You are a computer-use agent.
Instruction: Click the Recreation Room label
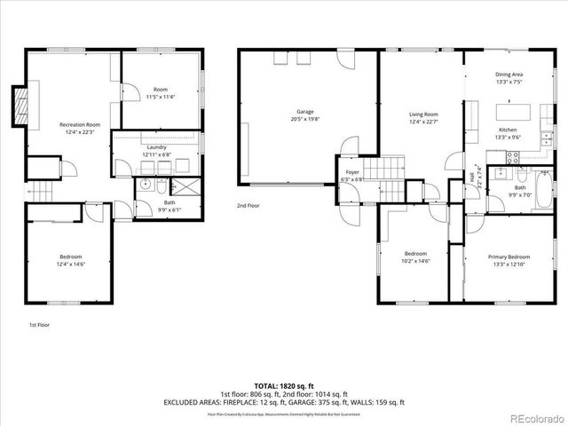[x=80, y=125]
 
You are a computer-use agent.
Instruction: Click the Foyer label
[x=352, y=173]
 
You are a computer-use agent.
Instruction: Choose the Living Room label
[x=423, y=114]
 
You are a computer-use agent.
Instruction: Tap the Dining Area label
[x=509, y=75]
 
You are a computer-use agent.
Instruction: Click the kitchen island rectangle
[x=518, y=113]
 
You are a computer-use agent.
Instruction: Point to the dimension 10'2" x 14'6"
[x=415, y=261]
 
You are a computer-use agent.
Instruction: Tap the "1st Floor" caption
[x=40, y=326]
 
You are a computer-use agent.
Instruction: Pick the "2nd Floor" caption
[x=248, y=206]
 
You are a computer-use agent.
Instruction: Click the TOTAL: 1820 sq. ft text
[x=284, y=386]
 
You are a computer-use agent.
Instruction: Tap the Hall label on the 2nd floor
[x=472, y=177]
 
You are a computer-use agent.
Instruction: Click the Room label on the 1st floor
[x=160, y=89]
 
